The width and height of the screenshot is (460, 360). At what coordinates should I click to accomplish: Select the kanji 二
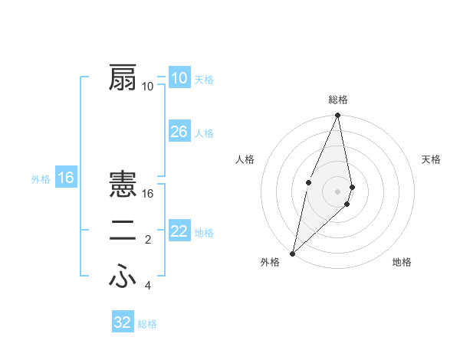[x=123, y=232]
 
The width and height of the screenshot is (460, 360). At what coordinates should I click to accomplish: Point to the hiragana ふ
[x=123, y=277]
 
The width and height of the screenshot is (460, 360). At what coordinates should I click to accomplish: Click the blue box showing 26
[x=179, y=132]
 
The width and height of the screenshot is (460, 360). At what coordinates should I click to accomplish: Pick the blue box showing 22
[x=179, y=231]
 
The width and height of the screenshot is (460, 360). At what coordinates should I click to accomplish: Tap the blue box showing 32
[x=123, y=322]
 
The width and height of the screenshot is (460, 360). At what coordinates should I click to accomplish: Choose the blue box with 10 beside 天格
[x=179, y=78]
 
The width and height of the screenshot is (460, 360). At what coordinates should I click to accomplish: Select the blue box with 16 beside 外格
[x=66, y=178]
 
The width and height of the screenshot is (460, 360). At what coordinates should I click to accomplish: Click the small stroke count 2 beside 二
[x=148, y=241]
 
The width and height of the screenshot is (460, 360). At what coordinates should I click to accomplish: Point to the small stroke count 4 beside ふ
[x=148, y=286]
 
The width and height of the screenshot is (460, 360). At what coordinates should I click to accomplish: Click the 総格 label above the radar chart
[x=338, y=100]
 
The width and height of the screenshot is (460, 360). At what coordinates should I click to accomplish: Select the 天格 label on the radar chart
[x=432, y=159]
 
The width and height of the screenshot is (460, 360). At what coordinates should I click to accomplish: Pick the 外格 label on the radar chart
[x=269, y=262]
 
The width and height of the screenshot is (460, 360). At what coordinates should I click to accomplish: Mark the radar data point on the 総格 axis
[x=338, y=116]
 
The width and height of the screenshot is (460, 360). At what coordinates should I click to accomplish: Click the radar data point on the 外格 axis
[x=293, y=253]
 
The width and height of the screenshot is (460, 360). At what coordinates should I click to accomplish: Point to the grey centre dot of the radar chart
[x=338, y=191]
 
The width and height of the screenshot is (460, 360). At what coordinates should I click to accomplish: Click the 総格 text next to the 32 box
[x=147, y=324]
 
